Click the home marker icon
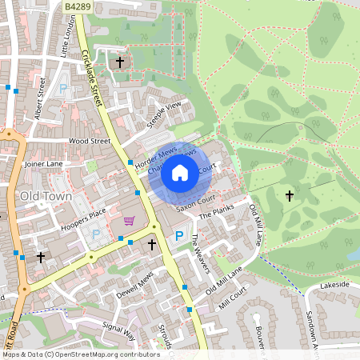click(x=180, y=173)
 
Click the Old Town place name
click(x=46, y=196)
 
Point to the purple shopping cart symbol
click(x=129, y=221)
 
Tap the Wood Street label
click(x=89, y=141)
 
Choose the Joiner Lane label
click(x=43, y=163)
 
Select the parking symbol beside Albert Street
click(x=64, y=90)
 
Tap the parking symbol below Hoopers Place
click(x=97, y=235)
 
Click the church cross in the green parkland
click(x=289, y=195)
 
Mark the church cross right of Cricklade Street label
click(x=120, y=62)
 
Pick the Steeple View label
click(x=164, y=115)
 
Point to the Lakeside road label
click(x=334, y=285)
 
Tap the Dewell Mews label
click(x=134, y=284)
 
